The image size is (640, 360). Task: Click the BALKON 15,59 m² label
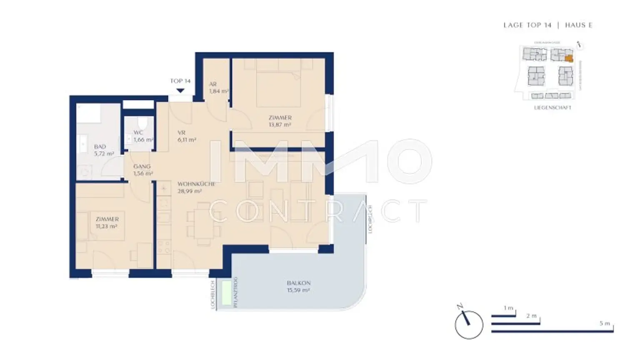coord(298,287)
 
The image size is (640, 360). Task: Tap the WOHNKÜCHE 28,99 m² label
coord(195,187)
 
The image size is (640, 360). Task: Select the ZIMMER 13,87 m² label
coord(280,121)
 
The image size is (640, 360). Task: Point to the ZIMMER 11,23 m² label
coord(107,223)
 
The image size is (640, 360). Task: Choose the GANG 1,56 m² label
coord(142,170)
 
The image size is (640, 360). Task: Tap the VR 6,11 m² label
coord(186,136)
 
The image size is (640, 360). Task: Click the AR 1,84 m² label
coord(217,87)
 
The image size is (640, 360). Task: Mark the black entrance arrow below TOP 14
coord(180,90)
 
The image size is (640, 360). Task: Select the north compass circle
coord(469,325)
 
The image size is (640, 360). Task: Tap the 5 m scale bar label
coord(605,323)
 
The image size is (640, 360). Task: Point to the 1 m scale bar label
coord(508,308)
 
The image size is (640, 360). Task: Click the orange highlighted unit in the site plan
coord(569,59)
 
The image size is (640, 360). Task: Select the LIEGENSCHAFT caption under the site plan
coord(552,107)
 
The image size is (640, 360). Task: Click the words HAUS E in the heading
coord(578,25)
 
